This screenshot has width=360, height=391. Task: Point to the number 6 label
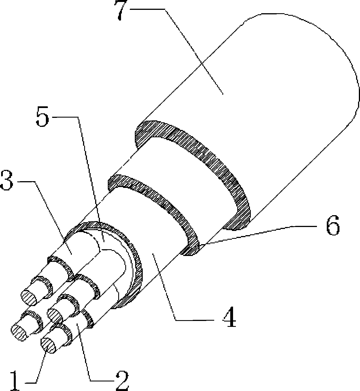333,227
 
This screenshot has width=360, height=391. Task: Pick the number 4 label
229,318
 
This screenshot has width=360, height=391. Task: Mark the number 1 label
14,381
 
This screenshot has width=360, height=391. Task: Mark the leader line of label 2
84,354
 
